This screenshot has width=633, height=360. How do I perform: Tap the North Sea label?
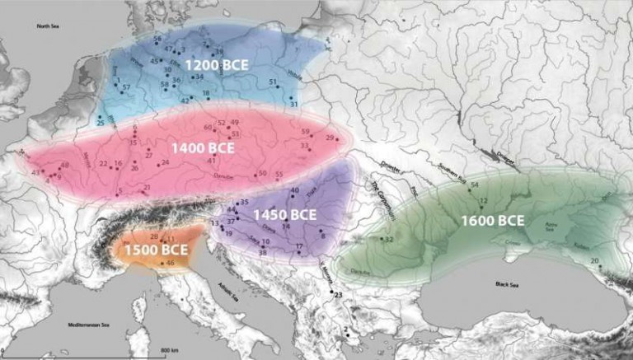click(x=49, y=26)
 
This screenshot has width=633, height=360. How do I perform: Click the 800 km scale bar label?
click(x=171, y=351)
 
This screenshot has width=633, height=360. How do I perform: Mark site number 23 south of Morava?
click(x=337, y=293)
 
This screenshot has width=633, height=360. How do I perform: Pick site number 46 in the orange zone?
click(x=170, y=263)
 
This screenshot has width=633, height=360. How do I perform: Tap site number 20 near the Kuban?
click(x=595, y=260)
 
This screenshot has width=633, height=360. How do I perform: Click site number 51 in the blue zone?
click(x=273, y=82)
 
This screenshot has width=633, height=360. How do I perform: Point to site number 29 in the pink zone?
click(x=331, y=138)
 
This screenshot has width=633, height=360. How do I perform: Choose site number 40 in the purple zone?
click(x=295, y=191)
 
